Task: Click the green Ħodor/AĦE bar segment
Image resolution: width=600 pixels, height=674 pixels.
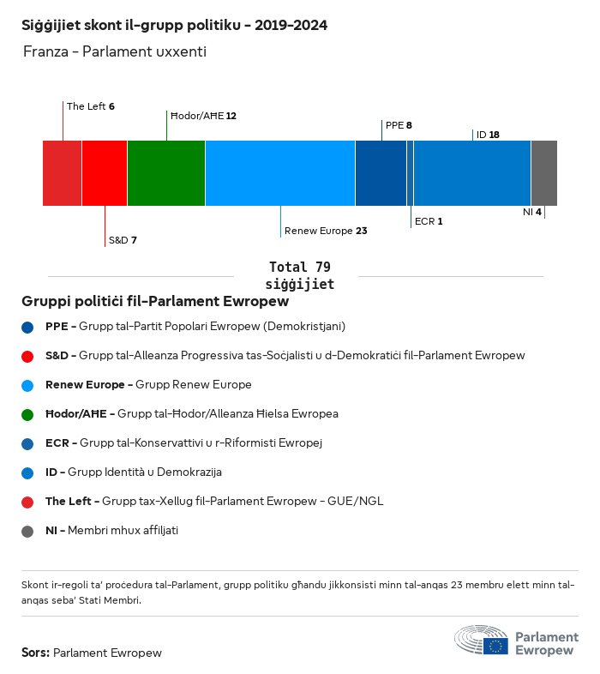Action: click(x=166, y=173)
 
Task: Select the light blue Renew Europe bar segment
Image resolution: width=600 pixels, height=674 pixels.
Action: click(x=280, y=173)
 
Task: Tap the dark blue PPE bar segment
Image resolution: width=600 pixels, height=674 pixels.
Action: click(x=381, y=173)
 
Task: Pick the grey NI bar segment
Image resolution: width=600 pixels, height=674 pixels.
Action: click(x=543, y=173)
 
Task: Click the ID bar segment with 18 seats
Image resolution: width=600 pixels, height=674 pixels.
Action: click(x=472, y=173)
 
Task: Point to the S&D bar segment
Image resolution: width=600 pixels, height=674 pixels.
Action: click(x=105, y=173)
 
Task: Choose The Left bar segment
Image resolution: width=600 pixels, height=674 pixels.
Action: click(x=63, y=173)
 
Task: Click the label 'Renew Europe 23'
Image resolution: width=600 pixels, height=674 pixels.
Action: click(x=326, y=231)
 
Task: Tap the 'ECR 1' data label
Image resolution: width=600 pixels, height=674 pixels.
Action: click(x=429, y=221)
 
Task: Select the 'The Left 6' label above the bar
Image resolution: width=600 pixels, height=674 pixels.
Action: click(x=91, y=106)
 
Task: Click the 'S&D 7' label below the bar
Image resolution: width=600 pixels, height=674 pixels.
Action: click(x=123, y=240)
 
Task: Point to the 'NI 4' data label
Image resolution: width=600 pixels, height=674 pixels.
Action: click(x=531, y=211)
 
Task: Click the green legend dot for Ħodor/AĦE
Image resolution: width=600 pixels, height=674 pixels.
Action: click(x=28, y=414)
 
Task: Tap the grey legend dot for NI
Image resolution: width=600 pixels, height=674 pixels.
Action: click(x=28, y=531)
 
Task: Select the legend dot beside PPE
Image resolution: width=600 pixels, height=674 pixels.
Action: click(x=28, y=327)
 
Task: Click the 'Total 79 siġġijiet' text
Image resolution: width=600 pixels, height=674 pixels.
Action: click(x=299, y=275)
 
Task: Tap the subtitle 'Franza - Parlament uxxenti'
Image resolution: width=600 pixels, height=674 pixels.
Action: click(x=114, y=52)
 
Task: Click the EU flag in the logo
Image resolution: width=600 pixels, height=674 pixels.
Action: click(x=495, y=646)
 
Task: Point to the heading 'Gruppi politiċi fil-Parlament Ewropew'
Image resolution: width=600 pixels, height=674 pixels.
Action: click(x=154, y=302)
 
